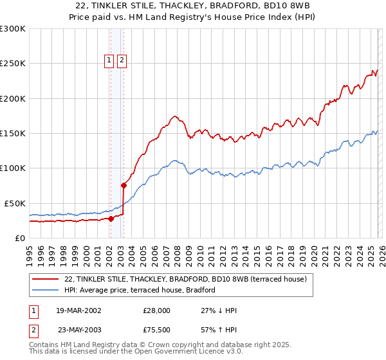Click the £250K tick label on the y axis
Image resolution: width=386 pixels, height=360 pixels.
point(13,64)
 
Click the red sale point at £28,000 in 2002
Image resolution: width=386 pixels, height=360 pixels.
point(111,219)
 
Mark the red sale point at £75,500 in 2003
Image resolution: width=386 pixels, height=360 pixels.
point(124,185)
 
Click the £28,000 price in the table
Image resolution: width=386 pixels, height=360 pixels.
point(156,310)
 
